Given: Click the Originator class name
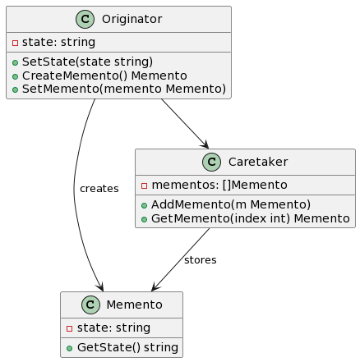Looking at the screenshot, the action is (132, 19).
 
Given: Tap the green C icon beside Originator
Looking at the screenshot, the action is (85, 19).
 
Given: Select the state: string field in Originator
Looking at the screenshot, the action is (58, 42).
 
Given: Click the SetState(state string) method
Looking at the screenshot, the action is (87, 62).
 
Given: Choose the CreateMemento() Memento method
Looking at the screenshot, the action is (104, 76).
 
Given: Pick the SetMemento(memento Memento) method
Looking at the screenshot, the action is (124, 89).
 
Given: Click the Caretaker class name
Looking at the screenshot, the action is (258, 162).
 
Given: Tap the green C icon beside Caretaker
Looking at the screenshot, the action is (211, 162).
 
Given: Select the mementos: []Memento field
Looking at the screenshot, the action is (219, 185).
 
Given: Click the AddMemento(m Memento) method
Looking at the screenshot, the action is (231, 204).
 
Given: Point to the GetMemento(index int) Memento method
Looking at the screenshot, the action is (251, 218).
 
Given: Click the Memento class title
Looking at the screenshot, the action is (134, 305).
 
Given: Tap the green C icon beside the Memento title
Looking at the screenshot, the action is (90, 305).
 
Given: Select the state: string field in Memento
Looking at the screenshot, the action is (113, 328).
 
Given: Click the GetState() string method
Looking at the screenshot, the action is (127, 347).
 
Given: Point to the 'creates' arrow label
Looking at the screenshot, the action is (99, 189).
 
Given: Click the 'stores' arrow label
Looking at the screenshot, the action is (201, 260).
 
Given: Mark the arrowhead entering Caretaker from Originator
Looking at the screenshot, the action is (205, 145).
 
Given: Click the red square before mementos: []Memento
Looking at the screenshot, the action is (144, 186).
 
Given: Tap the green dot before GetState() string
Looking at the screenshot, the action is (70, 348).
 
